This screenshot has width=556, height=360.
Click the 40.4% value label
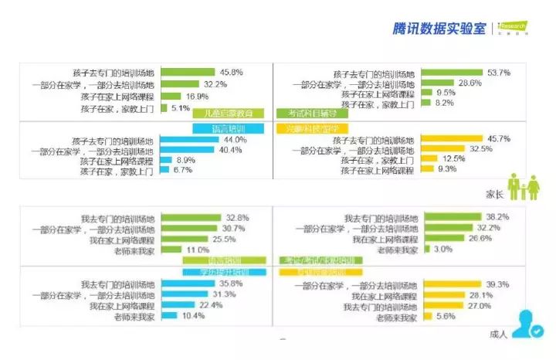[234, 150]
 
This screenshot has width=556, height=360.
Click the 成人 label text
[498, 335]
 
